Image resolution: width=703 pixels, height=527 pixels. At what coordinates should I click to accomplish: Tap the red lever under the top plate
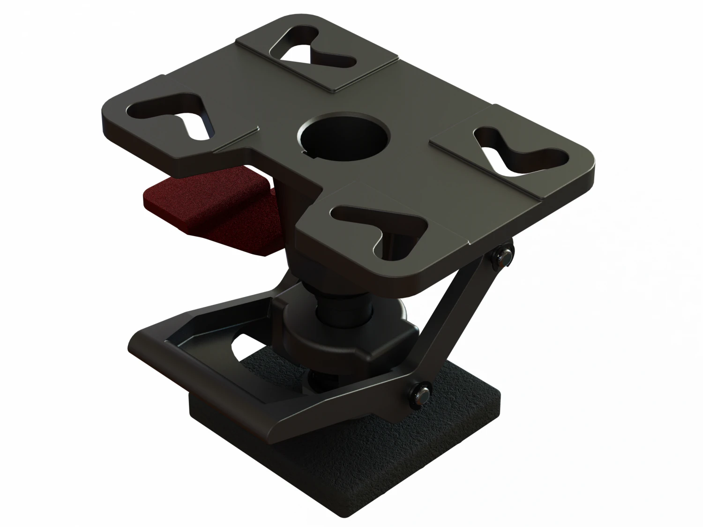coord(206,206)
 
